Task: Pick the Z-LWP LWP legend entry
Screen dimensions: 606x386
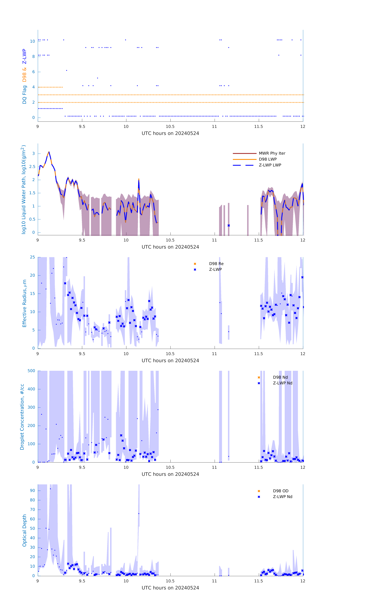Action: click(x=270, y=165)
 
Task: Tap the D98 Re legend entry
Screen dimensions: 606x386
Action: click(x=216, y=264)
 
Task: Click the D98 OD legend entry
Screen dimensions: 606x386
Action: click(x=280, y=491)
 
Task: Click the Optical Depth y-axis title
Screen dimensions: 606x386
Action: click(x=24, y=530)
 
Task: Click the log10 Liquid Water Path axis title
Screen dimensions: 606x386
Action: click(x=24, y=189)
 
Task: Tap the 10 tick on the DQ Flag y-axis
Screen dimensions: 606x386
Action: click(x=32, y=41)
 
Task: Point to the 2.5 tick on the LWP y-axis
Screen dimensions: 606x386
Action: click(x=32, y=167)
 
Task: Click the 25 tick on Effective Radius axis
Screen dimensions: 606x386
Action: click(x=32, y=257)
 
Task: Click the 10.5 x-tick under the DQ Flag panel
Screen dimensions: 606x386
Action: click(x=170, y=127)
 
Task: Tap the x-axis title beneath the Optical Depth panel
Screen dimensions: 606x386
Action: click(x=170, y=588)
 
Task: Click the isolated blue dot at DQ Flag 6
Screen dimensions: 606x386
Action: click(x=67, y=70)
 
